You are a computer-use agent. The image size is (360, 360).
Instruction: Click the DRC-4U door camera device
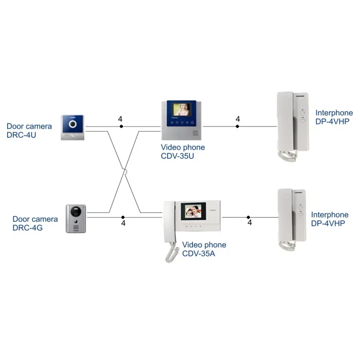[73, 127]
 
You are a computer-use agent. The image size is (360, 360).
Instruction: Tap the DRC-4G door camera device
[76, 219]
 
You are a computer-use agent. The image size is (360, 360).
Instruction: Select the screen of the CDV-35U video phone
[181, 110]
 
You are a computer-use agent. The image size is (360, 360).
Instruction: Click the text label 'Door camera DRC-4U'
[29, 131]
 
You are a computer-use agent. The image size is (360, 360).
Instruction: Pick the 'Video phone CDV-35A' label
[204, 249]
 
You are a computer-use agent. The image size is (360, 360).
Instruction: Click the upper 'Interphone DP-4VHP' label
[334, 117]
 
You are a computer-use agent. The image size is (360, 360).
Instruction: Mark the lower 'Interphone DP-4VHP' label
[330, 219]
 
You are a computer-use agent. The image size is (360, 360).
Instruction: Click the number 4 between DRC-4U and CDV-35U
[120, 119]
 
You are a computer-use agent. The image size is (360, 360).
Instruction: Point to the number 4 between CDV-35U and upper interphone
[238, 119]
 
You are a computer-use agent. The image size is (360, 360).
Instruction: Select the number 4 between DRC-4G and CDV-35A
[123, 223]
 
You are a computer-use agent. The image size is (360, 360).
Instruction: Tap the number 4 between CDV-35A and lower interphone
[249, 223]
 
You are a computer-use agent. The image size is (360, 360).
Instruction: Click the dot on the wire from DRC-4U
[121, 126]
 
